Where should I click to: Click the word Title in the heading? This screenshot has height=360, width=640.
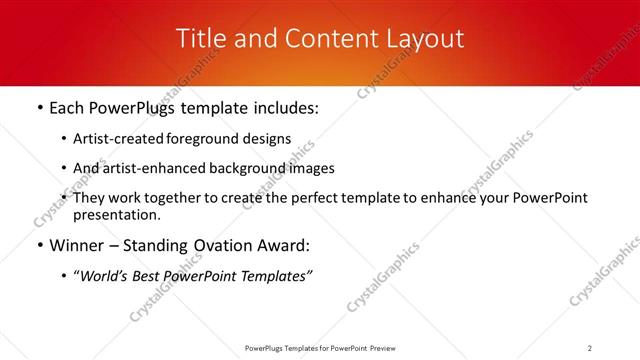200,39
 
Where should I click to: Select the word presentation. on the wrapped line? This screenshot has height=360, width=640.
116,215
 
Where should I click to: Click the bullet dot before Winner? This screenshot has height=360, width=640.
39,246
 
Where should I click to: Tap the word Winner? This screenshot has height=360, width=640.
77,246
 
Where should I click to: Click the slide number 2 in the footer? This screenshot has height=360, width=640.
590,348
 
